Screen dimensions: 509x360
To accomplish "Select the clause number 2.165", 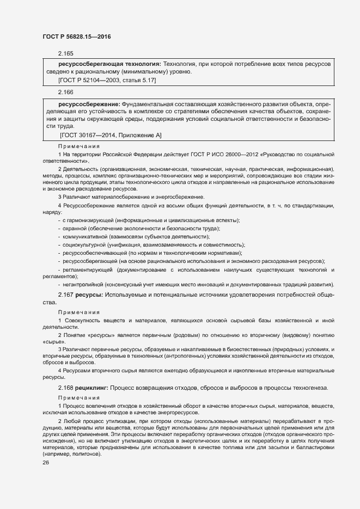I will (x=65, y=53).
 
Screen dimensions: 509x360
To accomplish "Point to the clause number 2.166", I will (x=65, y=93).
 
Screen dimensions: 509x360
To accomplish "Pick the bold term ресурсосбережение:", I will (x=89, y=103).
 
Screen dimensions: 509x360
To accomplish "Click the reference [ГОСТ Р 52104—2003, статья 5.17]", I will (x=107, y=80).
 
